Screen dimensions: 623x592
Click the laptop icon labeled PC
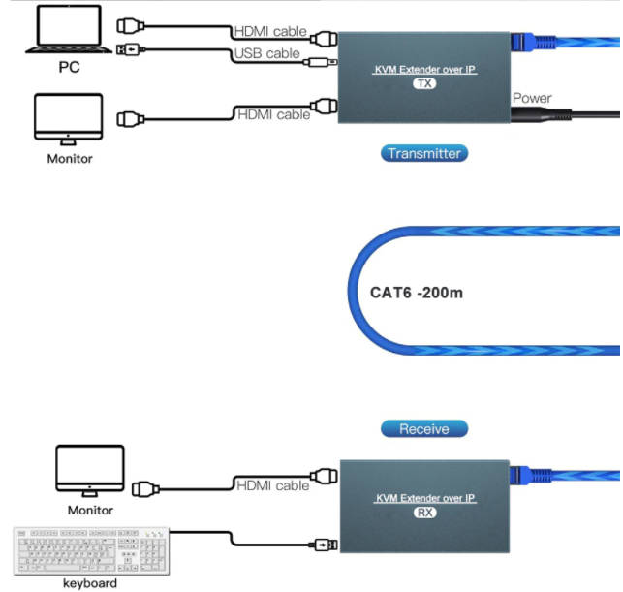tap(69, 29)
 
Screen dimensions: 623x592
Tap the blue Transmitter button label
tap(424, 153)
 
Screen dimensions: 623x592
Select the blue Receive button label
tap(424, 428)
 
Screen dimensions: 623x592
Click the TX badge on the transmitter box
tap(424, 83)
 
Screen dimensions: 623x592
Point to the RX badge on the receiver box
tap(424, 513)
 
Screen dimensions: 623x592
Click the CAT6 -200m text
tap(417, 293)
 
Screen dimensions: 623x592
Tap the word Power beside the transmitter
tap(532, 98)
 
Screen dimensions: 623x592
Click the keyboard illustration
tap(91, 551)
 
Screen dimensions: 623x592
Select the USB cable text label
tap(266, 53)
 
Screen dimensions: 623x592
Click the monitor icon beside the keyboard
tap(90, 471)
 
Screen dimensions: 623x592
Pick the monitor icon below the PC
tap(69, 119)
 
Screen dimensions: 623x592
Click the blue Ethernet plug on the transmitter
tap(533, 42)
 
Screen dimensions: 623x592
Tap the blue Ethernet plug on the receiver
tap(531, 475)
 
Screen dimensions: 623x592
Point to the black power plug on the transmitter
tap(542, 115)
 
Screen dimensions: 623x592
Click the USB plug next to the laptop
tap(131, 49)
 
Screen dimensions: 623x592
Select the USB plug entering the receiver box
tap(324, 545)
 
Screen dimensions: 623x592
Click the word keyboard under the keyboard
tap(90, 583)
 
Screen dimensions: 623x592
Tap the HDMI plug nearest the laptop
tap(131, 26)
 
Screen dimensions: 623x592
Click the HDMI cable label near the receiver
tap(272, 485)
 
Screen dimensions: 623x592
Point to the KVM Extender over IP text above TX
tap(424, 70)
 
